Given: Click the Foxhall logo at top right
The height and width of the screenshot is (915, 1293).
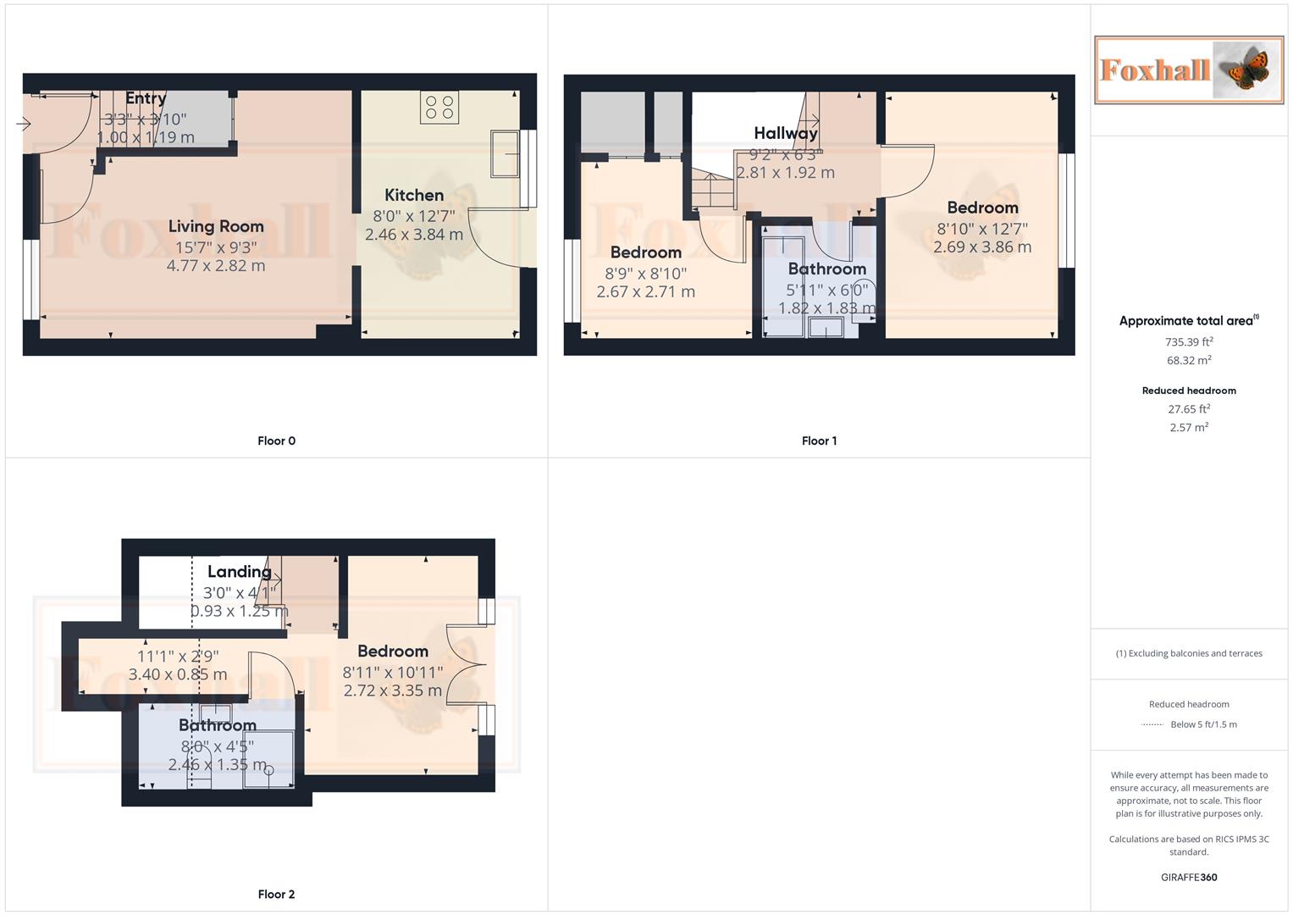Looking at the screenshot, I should pyautogui.click(x=1188, y=69).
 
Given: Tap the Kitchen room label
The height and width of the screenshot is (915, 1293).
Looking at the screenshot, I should pyautogui.click(x=414, y=196).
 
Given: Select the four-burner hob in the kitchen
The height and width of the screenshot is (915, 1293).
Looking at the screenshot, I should pyautogui.click(x=439, y=108).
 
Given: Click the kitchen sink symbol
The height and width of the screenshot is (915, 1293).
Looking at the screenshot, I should pyautogui.click(x=505, y=154).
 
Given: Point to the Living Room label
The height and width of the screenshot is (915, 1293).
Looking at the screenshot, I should pyautogui.click(x=216, y=226).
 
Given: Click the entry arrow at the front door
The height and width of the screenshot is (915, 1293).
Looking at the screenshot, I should pyautogui.click(x=24, y=125).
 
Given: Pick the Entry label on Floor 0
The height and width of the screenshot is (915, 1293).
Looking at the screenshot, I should pyautogui.click(x=146, y=98).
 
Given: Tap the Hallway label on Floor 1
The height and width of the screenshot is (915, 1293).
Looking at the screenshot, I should pyautogui.click(x=786, y=133).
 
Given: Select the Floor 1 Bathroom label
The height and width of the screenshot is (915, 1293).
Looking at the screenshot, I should pyautogui.click(x=826, y=269).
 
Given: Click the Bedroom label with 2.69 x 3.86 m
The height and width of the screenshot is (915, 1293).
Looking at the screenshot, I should pyautogui.click(x=982, y=208).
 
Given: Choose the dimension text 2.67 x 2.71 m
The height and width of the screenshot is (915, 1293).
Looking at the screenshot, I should pyautogui.click(x=645, y=292).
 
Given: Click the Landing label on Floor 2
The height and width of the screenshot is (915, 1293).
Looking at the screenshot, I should pyautogui.click(x=240, y=572).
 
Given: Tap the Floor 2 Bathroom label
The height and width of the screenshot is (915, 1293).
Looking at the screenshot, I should pyautogui.click(x=218, y=725).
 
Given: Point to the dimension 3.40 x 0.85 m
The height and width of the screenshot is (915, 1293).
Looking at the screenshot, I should pyautogui.click(x=178, y=675).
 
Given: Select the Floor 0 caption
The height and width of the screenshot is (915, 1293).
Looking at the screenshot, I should pyautogui.click(x=276, y=441).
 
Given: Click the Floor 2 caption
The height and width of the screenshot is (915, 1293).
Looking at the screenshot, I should pyautogui.click(x=276, y=894).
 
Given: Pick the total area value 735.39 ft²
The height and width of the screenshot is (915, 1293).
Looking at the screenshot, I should pyautogui.click(x=1189, y=342).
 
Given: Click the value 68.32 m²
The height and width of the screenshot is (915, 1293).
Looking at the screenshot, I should pyautogui.click(x=1189, y=360).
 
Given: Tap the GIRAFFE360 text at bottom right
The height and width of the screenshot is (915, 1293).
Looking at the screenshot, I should pyautogui.click(x=1189, y=878).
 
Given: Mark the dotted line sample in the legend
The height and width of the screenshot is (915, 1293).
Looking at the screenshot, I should pyautogui.click(x=1152, y=725).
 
